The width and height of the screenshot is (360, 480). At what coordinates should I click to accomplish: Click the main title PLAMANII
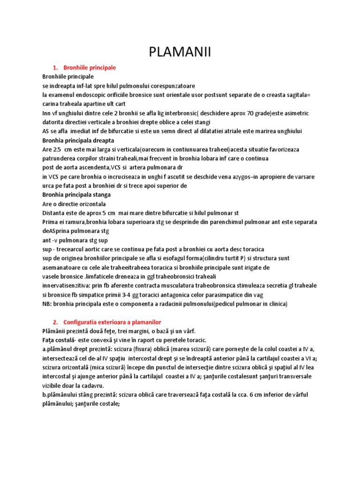pyautogui.click(x=180, y=52)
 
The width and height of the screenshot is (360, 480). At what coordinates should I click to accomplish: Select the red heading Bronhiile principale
pyautogui.click(x=89, y=67)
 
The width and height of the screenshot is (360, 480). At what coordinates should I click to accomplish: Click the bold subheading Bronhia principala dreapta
pyautogui.click(x=78, y=140)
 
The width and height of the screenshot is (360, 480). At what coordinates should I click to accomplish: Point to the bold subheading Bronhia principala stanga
pyautogui.click(x=76, y=195)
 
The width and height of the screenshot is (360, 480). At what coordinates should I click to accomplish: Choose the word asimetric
pyautogui.click(x=294, y=113)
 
